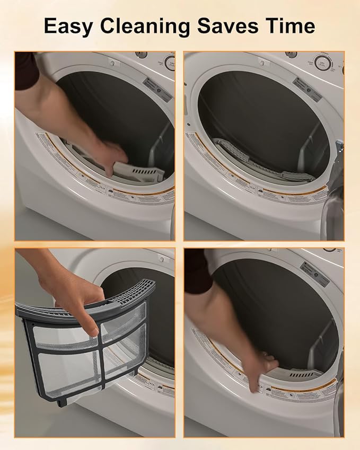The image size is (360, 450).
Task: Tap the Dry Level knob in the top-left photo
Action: click(x=170, y=62)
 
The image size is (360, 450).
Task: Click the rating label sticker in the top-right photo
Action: click(x=306, y=90)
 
